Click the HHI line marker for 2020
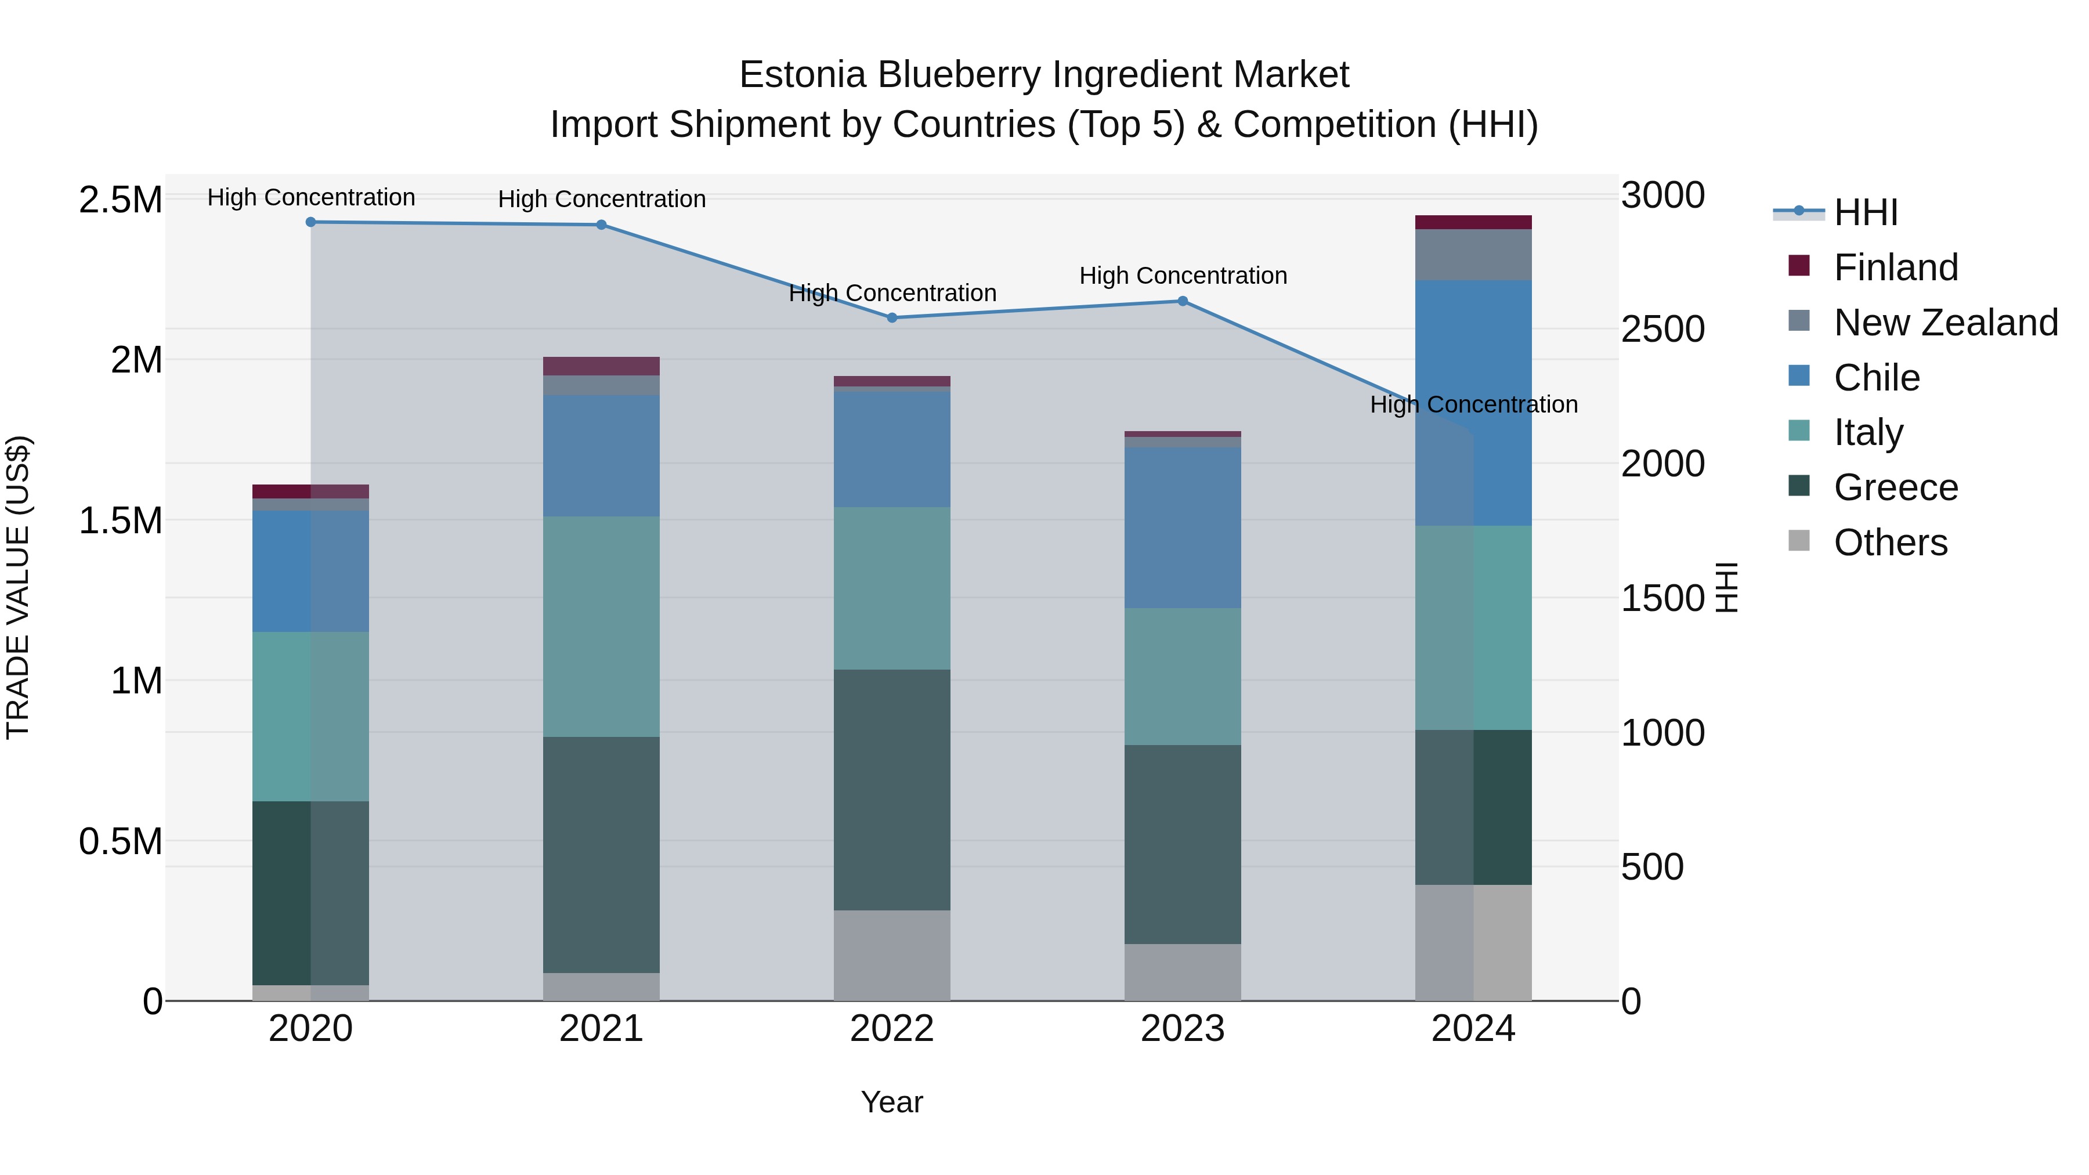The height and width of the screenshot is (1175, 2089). tap(310, 222)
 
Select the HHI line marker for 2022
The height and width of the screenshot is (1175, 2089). tap(892, 318)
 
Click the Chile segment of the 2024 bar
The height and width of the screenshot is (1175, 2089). tap(1473, 403)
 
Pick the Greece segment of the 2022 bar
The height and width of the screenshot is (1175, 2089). tap(892, 790)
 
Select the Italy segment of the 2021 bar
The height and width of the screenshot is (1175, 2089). tap(601, 627)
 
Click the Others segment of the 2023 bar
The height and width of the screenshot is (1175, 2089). tap(1183, 972)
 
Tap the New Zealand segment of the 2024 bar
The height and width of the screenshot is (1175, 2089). tap(1473, 255)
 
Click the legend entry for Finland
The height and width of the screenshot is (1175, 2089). tap(1896, 267)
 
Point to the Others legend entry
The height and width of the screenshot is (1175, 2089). tap(1889, 543)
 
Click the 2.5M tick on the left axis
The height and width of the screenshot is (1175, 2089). tap(121, 200)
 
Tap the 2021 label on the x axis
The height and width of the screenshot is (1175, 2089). tap(601, 1029)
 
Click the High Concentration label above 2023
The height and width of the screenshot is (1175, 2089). tap(1183, 276)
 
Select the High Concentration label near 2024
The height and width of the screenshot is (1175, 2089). tap(1473, 404)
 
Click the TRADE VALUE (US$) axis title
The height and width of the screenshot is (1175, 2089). tap(18, 587)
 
